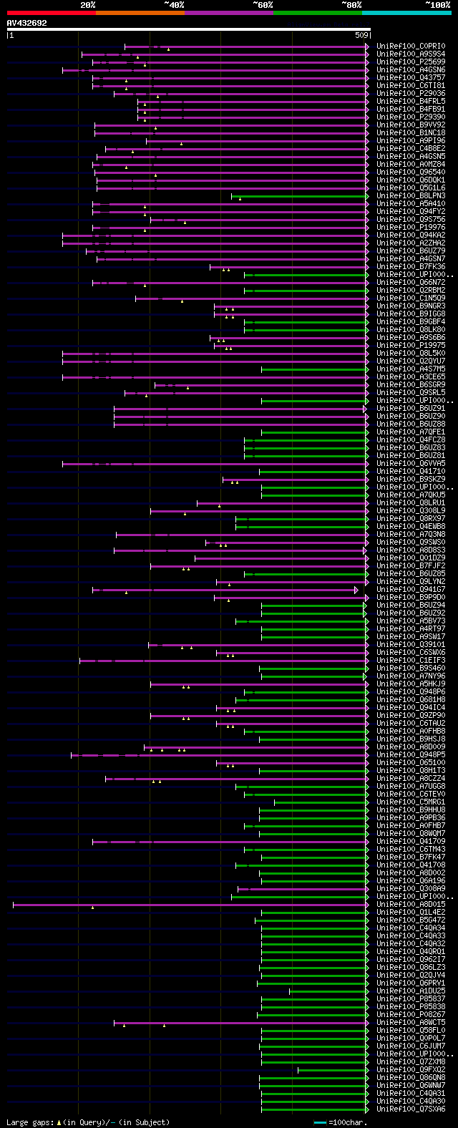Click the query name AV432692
26,23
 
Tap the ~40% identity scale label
174,5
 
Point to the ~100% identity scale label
437,5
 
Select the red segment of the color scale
51,13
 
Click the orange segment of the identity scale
140,13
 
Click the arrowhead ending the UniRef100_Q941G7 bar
356,590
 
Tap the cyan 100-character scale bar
320,1122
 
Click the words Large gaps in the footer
29,1122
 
